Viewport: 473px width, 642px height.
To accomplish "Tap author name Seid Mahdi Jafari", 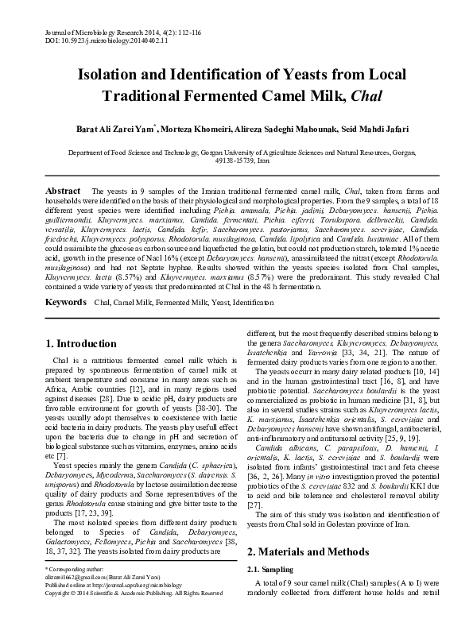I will coord(383,129).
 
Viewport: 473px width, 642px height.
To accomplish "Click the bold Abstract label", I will coord(63,191).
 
